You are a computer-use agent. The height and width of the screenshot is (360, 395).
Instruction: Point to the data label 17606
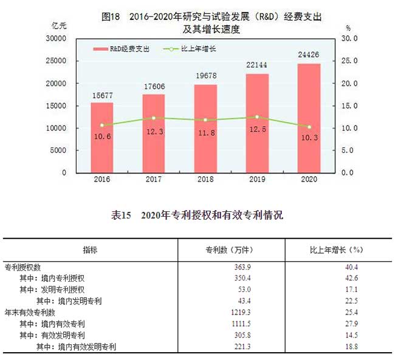[154, 86]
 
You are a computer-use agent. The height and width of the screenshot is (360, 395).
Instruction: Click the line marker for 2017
[154, 118]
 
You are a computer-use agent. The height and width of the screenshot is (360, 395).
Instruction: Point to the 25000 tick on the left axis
[55, 61]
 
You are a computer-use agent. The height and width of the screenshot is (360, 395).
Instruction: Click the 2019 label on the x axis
[257, 180]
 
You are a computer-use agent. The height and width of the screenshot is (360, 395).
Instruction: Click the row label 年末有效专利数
[30, 312]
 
